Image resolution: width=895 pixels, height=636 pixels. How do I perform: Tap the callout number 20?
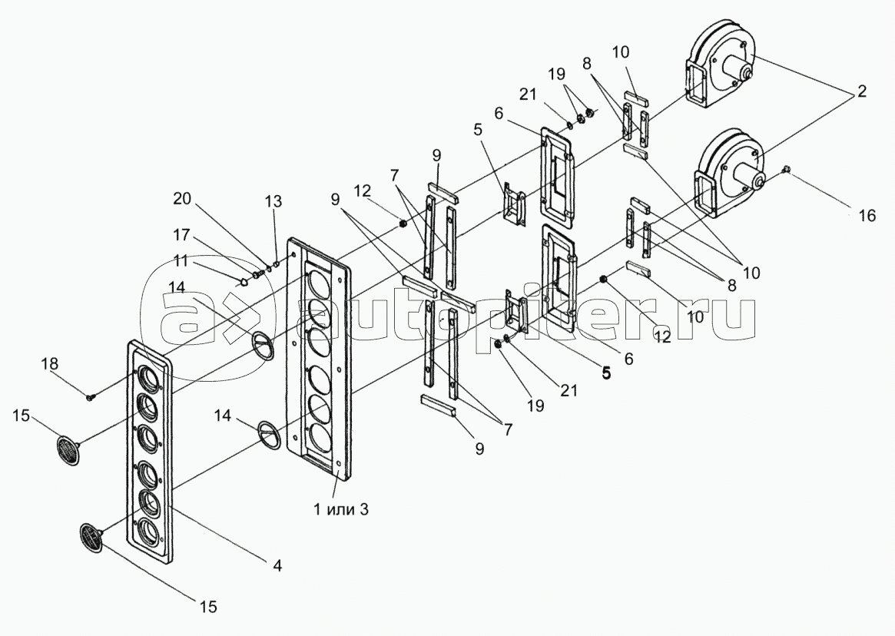pos(183,199)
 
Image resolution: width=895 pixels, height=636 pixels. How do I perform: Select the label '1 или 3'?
pos(341,509)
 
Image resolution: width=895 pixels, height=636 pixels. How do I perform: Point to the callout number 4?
pos(277,566)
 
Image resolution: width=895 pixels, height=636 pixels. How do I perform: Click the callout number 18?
pos(50,363)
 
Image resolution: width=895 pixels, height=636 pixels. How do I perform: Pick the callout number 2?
pos(861,91)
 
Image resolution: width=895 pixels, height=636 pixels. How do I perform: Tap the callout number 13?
pos(273,201)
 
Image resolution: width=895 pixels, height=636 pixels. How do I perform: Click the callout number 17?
pos(182,234)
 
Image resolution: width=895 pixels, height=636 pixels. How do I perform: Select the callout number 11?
pos(181,260)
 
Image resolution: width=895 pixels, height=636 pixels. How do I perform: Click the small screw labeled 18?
pos(91,396)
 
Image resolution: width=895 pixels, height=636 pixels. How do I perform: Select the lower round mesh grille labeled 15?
pos(91,538)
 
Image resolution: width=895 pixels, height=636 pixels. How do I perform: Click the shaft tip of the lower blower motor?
pos(759,183)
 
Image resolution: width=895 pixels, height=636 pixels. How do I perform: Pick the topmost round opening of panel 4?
pos(148,377)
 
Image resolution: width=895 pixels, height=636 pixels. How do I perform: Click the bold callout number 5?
pos(605,373)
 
